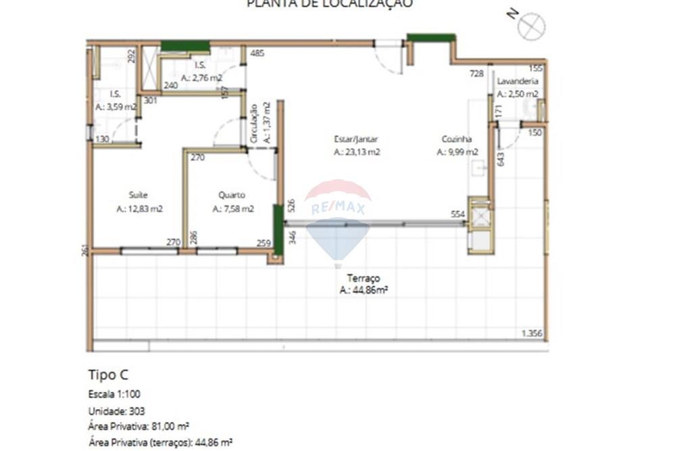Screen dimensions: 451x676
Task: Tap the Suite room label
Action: [139, 195]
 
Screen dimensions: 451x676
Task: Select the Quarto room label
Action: [232, 195]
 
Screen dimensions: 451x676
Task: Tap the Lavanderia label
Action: [518, 80]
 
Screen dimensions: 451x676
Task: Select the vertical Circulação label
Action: [254, 122]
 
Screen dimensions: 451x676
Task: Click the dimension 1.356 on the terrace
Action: [533, 333]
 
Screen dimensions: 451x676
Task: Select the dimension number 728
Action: [477, 73]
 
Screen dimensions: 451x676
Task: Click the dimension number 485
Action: [256, 53]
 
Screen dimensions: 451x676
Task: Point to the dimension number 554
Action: [458, 214]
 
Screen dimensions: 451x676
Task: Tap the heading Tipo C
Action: [108, 375]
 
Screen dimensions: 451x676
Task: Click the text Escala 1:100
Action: [114, 394]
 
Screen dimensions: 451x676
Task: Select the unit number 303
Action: [135, 410]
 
